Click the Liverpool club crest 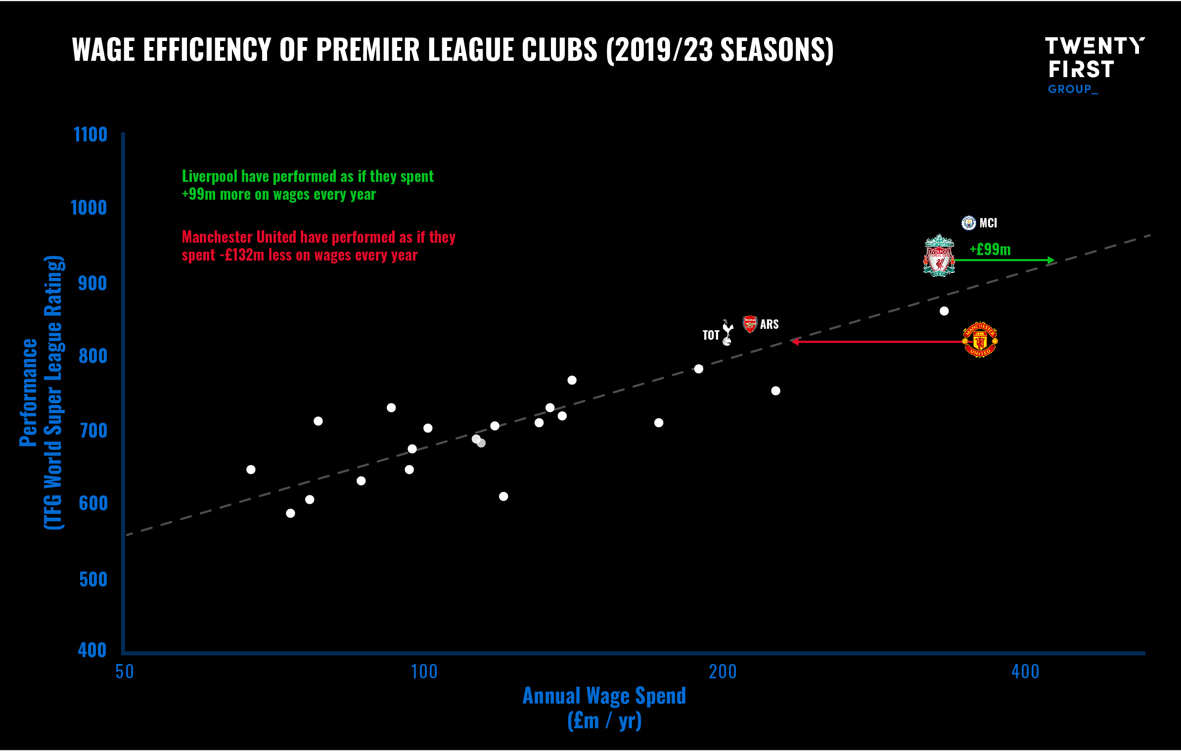(939, 256)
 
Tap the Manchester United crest (980, 340)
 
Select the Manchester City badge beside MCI (968, 223)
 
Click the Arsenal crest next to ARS (750, 324)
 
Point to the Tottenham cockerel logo (727, 333)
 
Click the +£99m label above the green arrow (990, 249)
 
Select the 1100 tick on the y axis (90, 134)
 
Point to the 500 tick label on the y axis (93, 579)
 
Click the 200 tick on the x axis (723, 672)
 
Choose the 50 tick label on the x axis (125, 672)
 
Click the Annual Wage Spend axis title (604, 696)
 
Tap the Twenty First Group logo (1094, 64)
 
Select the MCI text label (988, 223)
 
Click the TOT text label (711, 335)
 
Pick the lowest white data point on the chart (290, 513)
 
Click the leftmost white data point (251, 469)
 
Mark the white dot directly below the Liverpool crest (944, 311)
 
